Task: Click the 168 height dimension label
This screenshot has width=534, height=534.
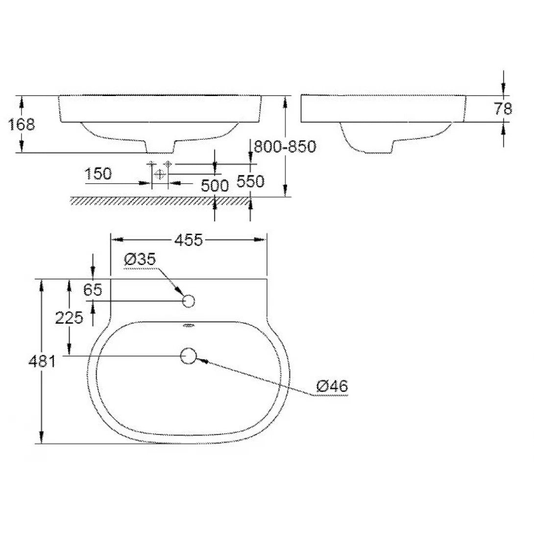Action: click(22, 124)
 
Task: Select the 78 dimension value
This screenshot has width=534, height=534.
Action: click(503, 108)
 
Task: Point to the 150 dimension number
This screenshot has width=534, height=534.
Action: click(98, 173)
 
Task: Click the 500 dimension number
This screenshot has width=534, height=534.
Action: click(215, 185)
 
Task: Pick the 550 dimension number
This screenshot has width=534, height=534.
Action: click(250, 182)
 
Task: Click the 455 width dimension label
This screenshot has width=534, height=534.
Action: click(189, 240)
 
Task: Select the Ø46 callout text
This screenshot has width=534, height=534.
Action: click(332, 386)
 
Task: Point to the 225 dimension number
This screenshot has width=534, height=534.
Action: click(69, 318)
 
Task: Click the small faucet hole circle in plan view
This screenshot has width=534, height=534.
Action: click(189, 301)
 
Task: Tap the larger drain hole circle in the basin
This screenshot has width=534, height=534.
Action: click(189, 356)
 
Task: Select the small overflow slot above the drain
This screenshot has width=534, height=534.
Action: click(188, 325)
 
